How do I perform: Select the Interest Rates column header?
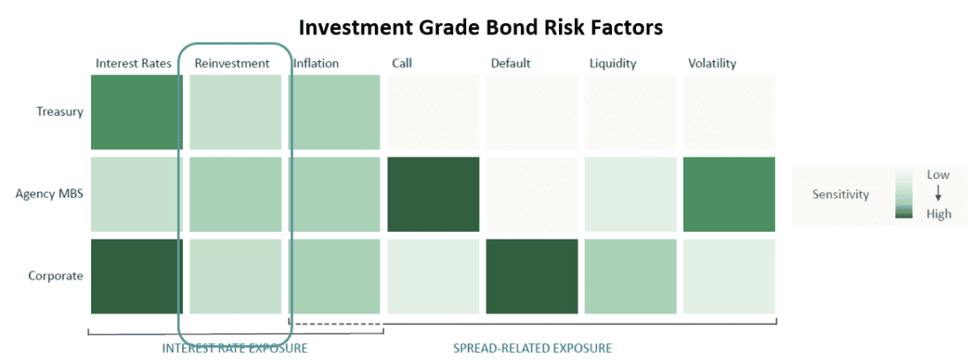pos(133,63)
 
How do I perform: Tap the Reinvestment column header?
pos(232,63)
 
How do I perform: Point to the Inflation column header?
pos(316,63)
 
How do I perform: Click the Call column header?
pos(402,63)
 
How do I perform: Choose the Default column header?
pos(510,63)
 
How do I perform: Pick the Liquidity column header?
pos(612,63)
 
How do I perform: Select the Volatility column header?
pos(712,63)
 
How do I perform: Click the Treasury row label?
pos(59,111)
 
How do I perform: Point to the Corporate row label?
pos(57,275)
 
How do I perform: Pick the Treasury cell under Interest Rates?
pos(136,111)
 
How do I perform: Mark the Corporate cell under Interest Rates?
pos(136,276)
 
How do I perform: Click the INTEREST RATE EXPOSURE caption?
pos(234,348)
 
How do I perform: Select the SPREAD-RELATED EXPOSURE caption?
pos(532,348)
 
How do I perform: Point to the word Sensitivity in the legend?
pos(840,194)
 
